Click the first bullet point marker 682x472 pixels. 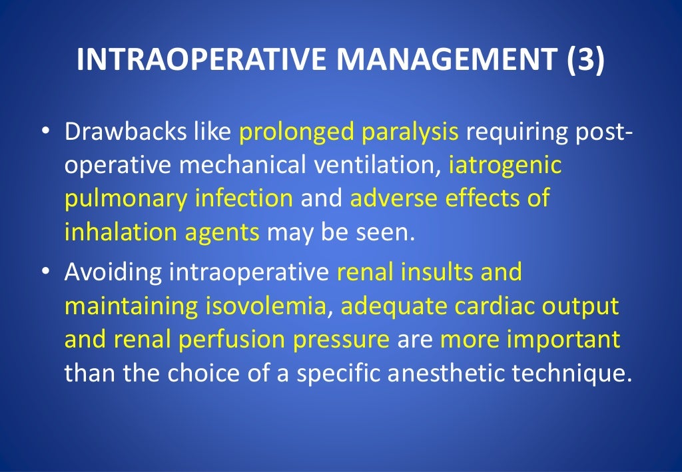tap(45, 131)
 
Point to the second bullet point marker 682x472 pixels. tap(45, 272)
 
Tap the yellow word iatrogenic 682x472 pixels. tap(506, 164)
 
